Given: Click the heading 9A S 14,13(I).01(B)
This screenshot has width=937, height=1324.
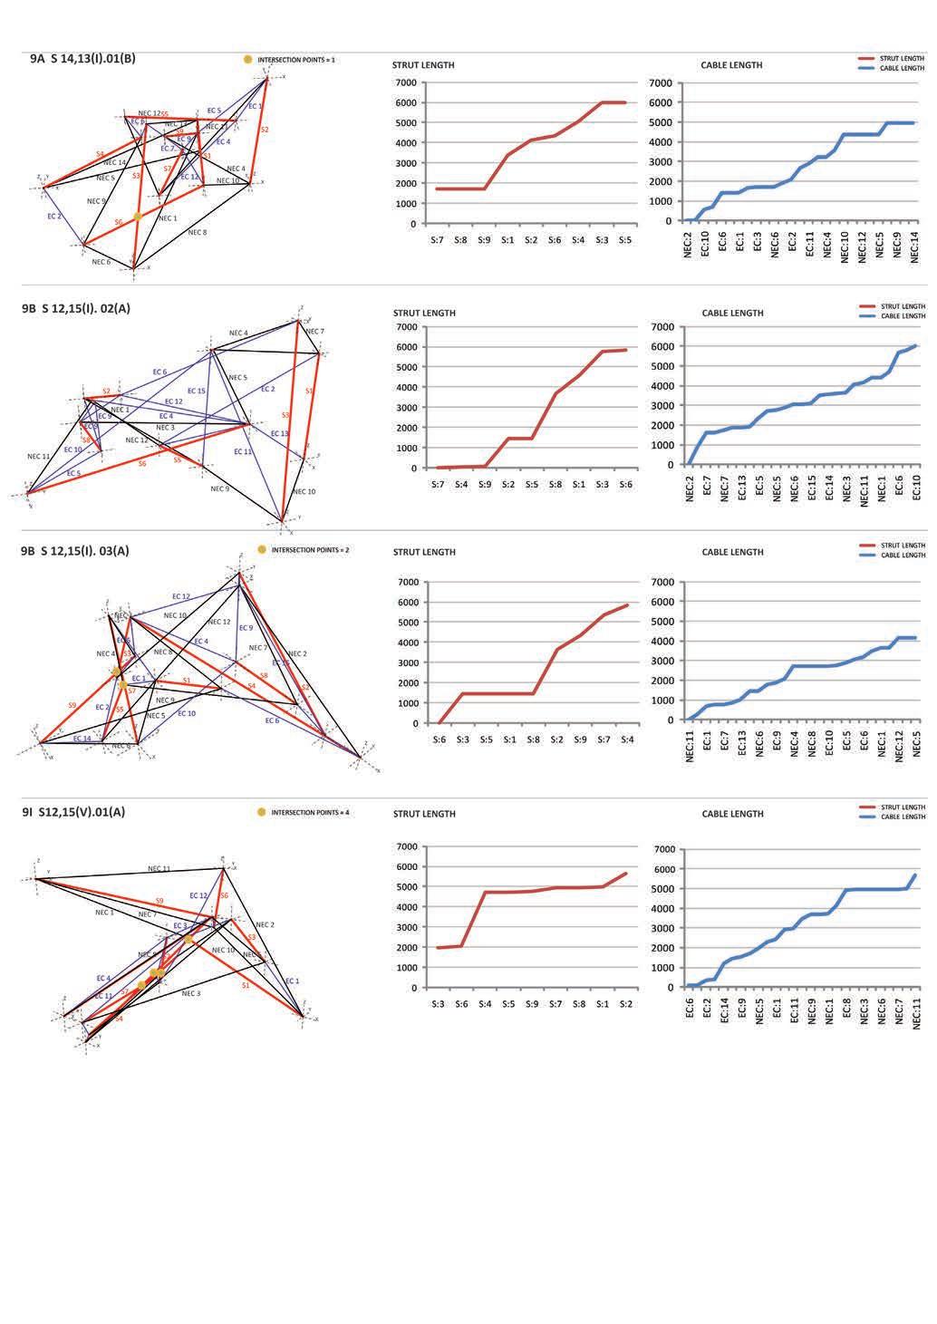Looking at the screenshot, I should [x=82, y=59].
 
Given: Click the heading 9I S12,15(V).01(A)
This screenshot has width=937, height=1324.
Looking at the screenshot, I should [x=73, y=811].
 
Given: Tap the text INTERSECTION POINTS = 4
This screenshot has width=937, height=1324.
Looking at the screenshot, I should [x=310, y=813].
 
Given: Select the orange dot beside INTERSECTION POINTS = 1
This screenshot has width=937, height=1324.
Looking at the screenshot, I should [x=247, y=60].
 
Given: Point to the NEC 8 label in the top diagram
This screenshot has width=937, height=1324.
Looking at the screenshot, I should [x=197, y=233].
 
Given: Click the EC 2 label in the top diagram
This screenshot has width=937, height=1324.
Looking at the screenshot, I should [x=54, y=217].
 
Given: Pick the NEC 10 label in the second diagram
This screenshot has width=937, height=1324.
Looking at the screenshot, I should [x=304, y=491].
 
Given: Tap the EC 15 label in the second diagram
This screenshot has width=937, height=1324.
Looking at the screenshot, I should [x=196, y=391].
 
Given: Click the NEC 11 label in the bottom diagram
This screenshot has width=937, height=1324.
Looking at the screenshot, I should [x=159, y=868].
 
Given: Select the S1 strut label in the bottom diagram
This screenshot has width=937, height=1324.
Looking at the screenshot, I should [x=245, y=985].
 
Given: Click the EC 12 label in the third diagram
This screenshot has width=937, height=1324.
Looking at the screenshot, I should [x=180, y=596].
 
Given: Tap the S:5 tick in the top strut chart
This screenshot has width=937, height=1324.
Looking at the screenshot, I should [x=625, y=240].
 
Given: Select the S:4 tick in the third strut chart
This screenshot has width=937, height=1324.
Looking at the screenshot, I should [x=626, y=740].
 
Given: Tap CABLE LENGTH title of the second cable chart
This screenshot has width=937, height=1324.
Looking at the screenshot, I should [x=732, y=313].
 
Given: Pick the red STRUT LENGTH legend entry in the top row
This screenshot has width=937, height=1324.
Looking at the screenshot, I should [x=902, y=58].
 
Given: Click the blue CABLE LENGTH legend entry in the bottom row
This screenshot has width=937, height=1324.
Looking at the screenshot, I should [x=902, y=817].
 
